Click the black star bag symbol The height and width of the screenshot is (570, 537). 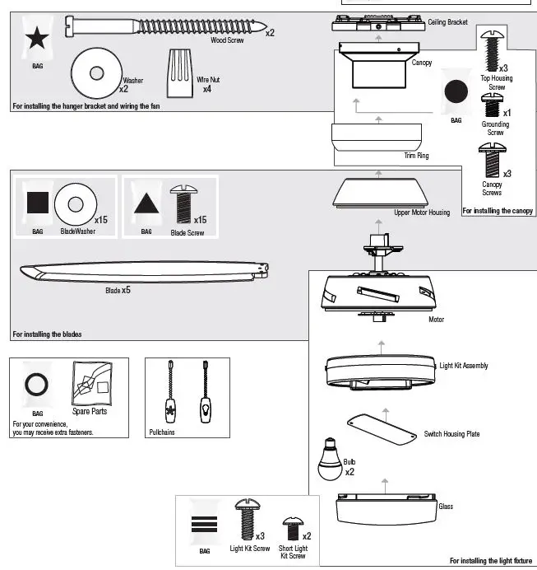(x=36, y=38)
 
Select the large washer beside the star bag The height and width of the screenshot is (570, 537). (x=97, y=73)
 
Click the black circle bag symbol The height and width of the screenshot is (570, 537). (x=456, y=91)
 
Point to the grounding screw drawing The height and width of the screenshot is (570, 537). (x=494, y=105)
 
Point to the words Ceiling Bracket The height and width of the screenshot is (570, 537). (x=447, y=22)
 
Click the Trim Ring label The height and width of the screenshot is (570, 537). (x=416, y=155)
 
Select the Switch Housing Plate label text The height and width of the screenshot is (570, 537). (x=451, y=434)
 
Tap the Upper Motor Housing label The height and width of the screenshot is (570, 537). (x=422, y=213)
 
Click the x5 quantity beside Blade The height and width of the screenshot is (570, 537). (x=127, y=291)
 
